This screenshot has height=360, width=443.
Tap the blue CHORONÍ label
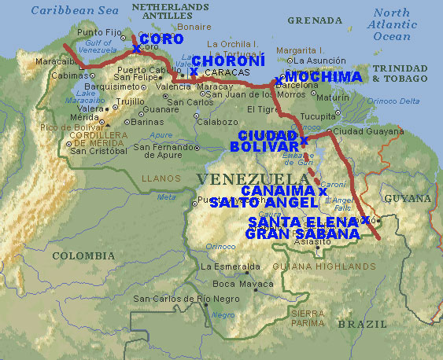point(228,61)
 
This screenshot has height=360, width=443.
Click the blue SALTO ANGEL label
point(262,203)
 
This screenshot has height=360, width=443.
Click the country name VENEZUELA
point(244,179)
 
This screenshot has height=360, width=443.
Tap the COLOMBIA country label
point(83,255)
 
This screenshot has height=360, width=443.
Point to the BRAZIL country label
point(362,324)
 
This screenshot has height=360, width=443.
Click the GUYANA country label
point(407,200)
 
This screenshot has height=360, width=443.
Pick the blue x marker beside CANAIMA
point(322,191)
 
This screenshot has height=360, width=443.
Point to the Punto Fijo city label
point(102,32)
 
